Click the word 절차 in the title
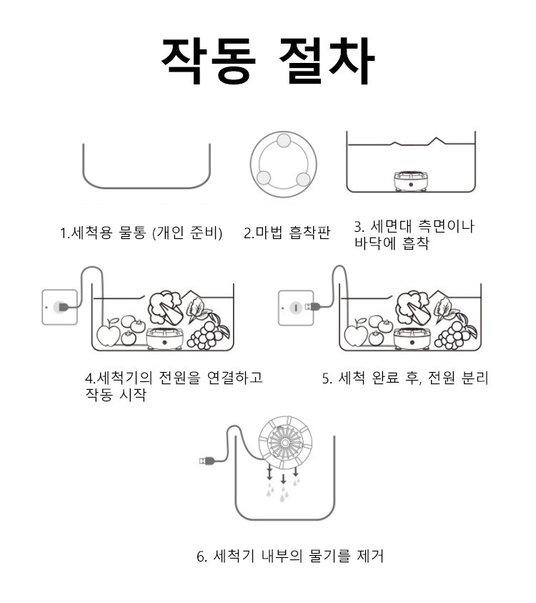pos(327,61)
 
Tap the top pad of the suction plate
pos(284,141)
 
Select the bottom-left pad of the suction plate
pos(264,177)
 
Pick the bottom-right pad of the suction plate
pos(303,179)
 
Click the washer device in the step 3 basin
pos(411,181)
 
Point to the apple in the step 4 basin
pos(109,333)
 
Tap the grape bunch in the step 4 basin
pos(207,332)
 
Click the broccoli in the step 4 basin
pos(165,308)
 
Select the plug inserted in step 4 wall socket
pos(63,307)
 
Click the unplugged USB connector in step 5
pos(310,306)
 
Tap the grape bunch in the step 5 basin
pos(455,332)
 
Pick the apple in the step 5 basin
pos(356,333)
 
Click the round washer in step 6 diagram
pos(284,442)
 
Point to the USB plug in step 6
pos(207,460)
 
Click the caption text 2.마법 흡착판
pos(287,232)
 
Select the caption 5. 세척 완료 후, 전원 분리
pos(405,378)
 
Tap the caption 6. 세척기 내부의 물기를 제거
pos(290,556)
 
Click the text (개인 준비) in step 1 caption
pos(187,233)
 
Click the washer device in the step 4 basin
pos(164,338)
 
